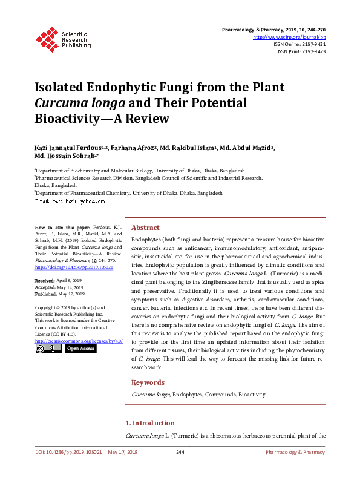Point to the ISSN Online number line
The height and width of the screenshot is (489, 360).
click(x=299, y=44)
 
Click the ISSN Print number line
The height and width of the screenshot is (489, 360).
click(x=301, y=51)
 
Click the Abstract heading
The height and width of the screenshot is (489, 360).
click(x=145, y=228)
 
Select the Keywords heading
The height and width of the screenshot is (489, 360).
click(x=148, y=382)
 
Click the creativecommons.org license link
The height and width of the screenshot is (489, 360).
click(x=79, y=341)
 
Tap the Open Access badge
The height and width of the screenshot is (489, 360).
click(x=80, y=349)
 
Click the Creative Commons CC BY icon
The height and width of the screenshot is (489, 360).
click(x=48, y=349)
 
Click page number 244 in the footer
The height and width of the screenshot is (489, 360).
click(x=180, y=452)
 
